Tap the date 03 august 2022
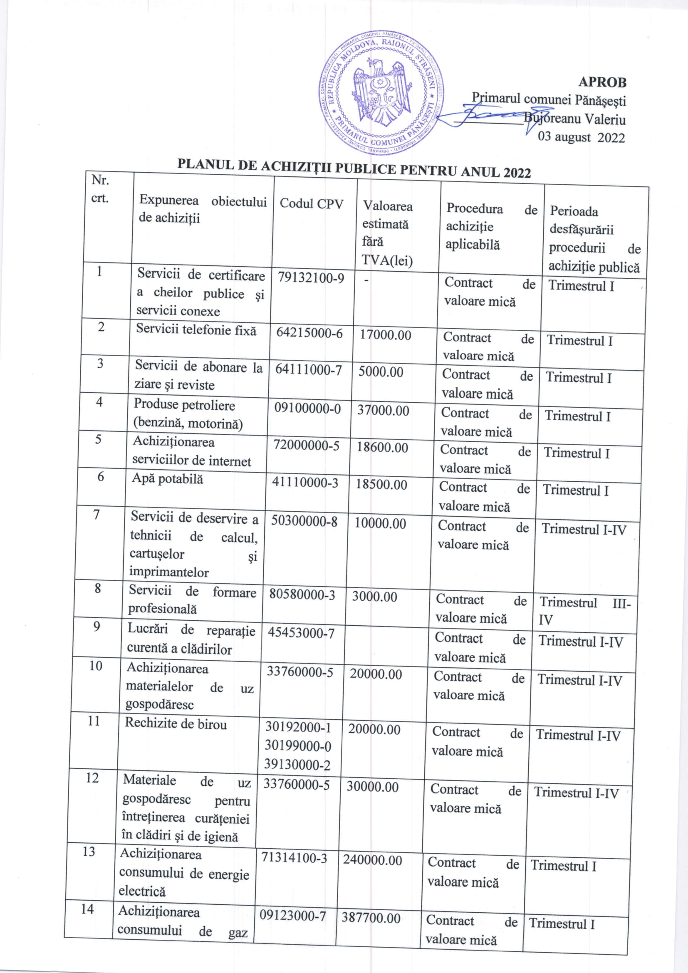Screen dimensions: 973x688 point(581,138)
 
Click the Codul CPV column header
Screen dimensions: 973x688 point(311,204)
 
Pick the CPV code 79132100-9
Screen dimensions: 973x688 point(311,278)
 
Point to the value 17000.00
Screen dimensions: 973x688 point(385,335)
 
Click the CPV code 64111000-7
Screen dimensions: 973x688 point(308,370)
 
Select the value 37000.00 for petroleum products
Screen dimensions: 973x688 point(383,410)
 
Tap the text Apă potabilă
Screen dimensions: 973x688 point(167,478)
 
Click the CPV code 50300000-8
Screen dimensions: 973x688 point(304,521)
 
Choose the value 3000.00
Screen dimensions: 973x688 point(374,597)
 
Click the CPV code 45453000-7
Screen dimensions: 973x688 point(301,633)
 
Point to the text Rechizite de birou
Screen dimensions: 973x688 point(176,723)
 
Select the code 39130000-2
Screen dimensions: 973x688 point(297,765)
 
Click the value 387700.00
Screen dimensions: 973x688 point(371,918)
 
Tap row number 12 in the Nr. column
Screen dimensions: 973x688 point(92,778)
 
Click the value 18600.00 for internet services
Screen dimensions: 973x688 point(382,448)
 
